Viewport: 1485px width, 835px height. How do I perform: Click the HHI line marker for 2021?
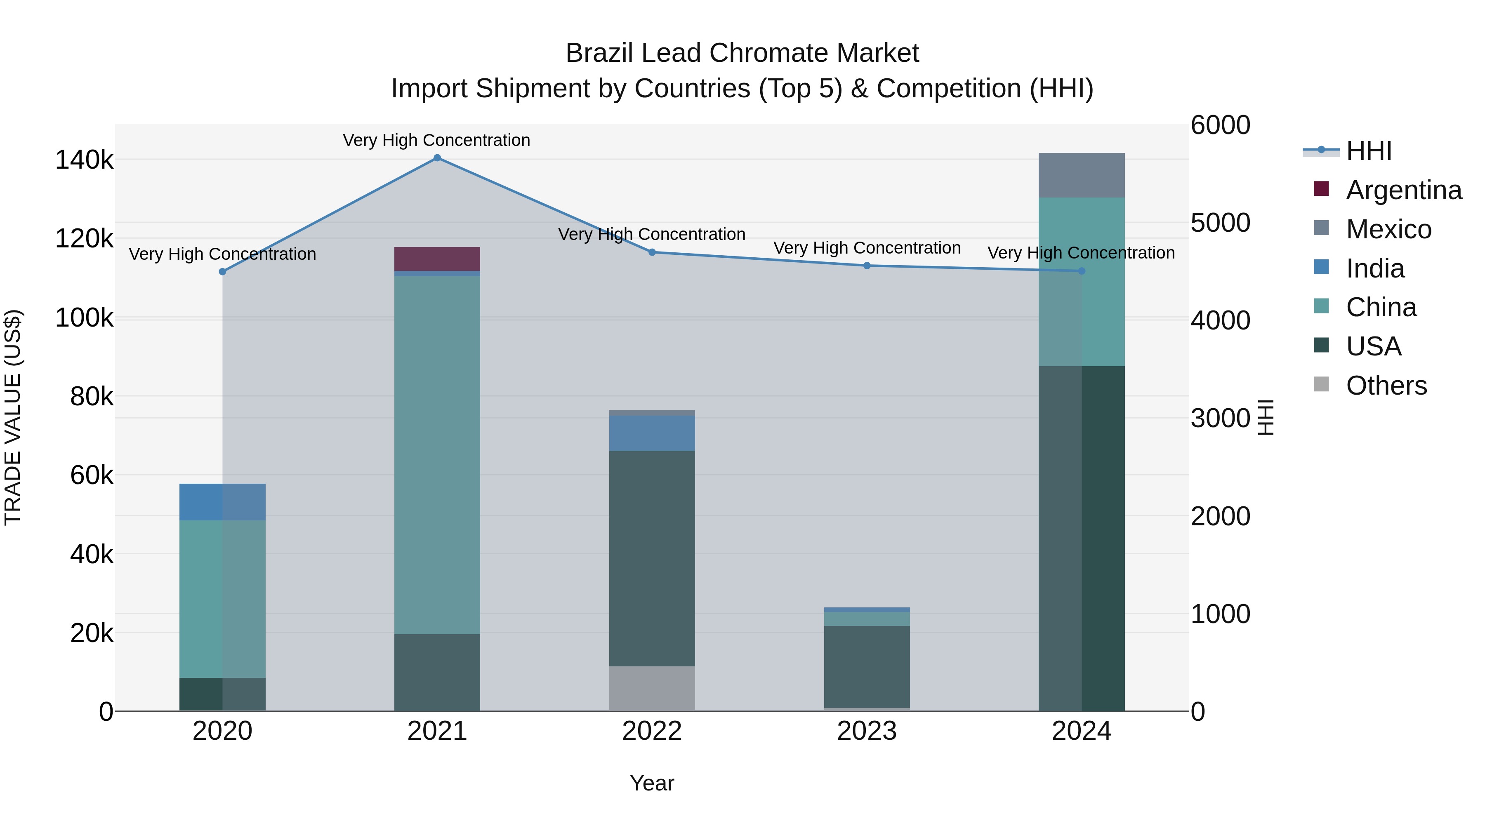tap(437, 158)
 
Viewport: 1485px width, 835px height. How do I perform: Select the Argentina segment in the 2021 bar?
tap(437, 259)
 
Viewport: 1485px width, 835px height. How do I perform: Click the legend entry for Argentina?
tap(1403, 190)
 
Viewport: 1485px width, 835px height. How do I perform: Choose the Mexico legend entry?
tap(1388, 229)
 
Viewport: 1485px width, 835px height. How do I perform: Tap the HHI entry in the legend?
tap(1369, 151)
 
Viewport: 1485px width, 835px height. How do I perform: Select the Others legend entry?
tap(1386, 386)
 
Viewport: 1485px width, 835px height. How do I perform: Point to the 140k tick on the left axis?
tap(84, 160)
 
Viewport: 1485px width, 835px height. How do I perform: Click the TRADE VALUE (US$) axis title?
tap(13, 417)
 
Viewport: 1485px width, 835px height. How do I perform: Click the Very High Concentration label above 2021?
tap(436, 140)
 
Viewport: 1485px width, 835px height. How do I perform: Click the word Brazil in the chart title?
tap(599, 53)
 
